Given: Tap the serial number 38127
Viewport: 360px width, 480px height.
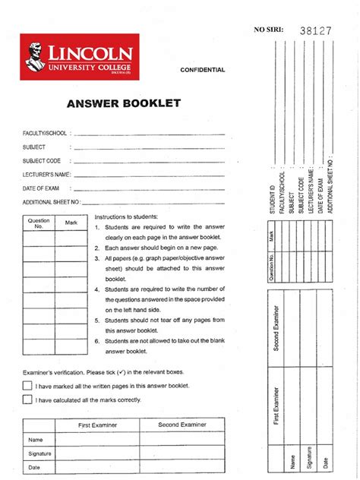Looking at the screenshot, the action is [x=316, y=31].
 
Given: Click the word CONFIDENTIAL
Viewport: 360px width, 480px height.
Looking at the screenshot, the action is [x=202, y=70].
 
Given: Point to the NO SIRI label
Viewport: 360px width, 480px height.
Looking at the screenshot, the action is [x=267, y=30].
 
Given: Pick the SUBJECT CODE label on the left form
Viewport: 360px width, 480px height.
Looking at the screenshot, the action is [x=41, y=161].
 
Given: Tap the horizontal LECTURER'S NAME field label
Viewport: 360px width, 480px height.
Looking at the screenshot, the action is [x=46, y=175].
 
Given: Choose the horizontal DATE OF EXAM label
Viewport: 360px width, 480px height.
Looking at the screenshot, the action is [x=41, y=188].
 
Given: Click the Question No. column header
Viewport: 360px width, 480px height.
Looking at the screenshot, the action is [x=39, y=223].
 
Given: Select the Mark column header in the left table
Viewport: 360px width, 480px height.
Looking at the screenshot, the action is [x=71, y=223].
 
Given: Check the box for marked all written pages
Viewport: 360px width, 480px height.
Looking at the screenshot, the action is [x=27, y=386].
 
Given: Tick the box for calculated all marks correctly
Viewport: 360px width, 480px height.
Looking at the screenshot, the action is [x=27, y=399].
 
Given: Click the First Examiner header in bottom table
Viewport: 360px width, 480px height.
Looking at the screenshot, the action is [x=98, y=425].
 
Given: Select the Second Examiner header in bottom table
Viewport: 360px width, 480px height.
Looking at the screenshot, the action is [x=178, y=425].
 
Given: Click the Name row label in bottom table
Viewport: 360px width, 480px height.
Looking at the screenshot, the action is [x=35, y=440].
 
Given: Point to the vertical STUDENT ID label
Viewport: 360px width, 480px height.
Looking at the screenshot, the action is [x=272, y=200].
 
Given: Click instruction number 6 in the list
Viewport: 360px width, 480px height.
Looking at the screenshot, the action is [x=97, y=342].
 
